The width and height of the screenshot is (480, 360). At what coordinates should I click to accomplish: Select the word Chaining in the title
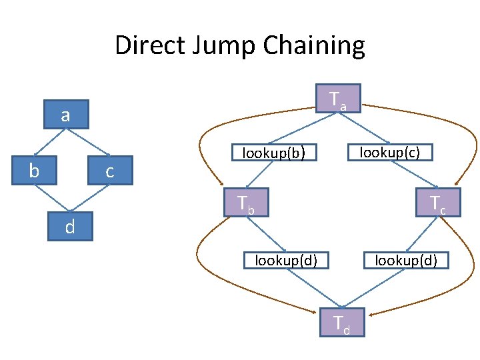click(313, 46)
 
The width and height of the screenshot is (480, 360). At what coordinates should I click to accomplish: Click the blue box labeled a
click(65, 115)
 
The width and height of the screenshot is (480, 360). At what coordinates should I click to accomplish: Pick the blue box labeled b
click(34, 171)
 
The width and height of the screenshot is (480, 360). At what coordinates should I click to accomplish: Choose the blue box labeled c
click(109, 171)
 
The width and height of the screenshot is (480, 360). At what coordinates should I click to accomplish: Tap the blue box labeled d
click(69, 227)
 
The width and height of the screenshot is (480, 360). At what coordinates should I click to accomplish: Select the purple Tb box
click(246, 203)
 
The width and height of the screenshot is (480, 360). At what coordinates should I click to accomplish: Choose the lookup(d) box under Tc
click(405, 259)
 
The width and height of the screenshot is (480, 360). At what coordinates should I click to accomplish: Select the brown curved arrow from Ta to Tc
click(467, 133)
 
